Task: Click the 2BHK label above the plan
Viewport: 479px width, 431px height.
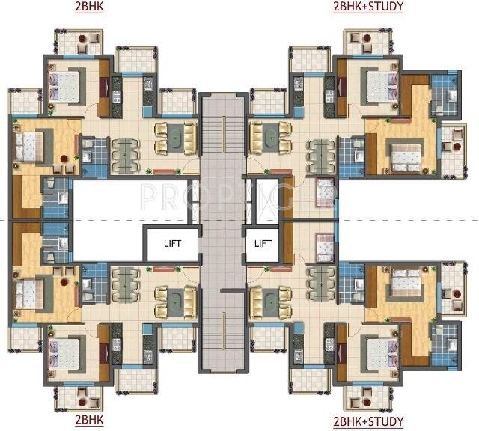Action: pos(89,8)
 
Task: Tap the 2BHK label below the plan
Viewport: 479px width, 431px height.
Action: pos(89,421)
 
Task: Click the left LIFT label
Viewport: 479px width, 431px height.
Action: pos(174,243)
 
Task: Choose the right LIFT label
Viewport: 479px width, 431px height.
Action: pos(262,243)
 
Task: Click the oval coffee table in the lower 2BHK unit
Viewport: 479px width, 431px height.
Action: pos(174,302)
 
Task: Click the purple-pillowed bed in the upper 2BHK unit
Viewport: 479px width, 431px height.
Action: pos(65,85)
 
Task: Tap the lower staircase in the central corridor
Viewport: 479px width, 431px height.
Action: pos(222,329)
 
